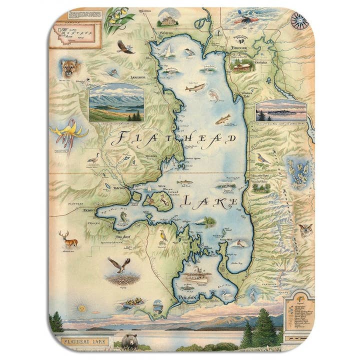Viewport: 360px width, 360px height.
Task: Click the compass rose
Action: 299,20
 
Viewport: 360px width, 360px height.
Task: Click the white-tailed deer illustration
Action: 68,239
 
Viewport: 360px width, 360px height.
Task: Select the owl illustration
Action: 305,229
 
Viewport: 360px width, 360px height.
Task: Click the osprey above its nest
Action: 119,264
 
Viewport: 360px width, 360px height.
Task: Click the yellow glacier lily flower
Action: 70,132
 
